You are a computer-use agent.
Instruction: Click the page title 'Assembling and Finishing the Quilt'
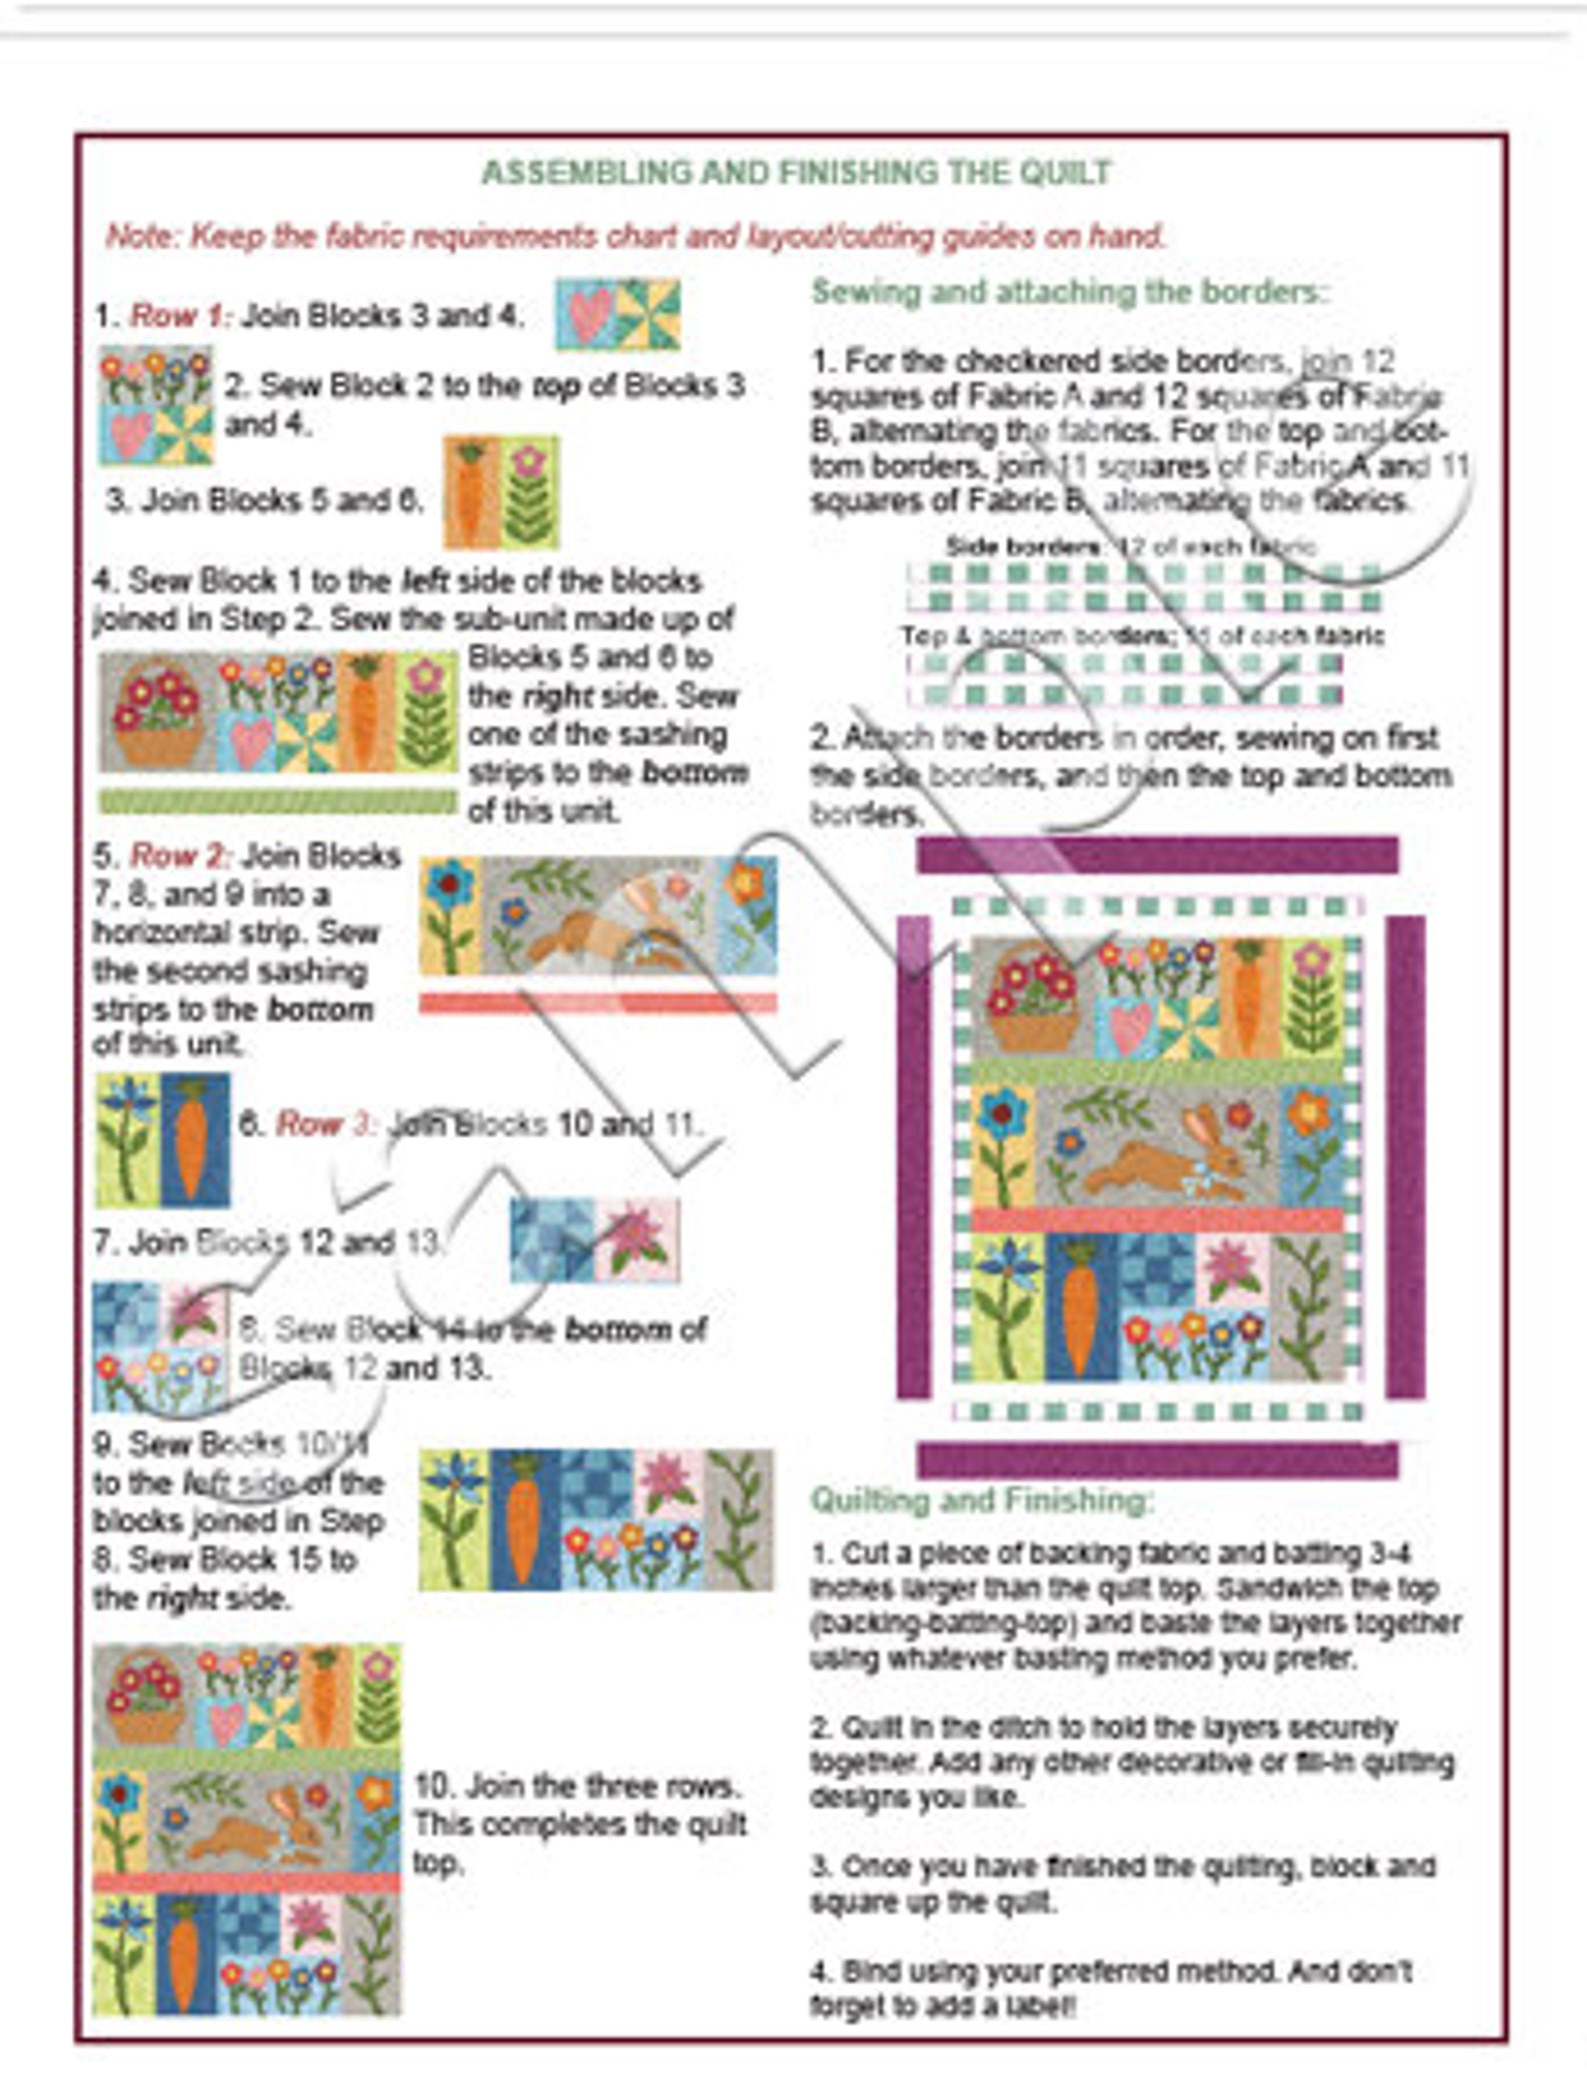796,173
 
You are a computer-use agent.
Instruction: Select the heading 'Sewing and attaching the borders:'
1070,292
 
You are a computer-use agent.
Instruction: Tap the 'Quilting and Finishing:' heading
982,1499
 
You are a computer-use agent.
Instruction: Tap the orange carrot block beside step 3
471,492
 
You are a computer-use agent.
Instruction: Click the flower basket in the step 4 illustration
157,712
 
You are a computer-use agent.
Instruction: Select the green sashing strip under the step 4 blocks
277,802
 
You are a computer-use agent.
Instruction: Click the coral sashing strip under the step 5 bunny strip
597,1003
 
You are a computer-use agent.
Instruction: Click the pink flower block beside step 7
637,1239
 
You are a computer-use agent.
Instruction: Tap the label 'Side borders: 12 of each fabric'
1130,547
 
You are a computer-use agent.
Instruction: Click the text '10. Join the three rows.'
578,1786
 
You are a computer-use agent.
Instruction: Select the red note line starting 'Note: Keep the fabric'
636,237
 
